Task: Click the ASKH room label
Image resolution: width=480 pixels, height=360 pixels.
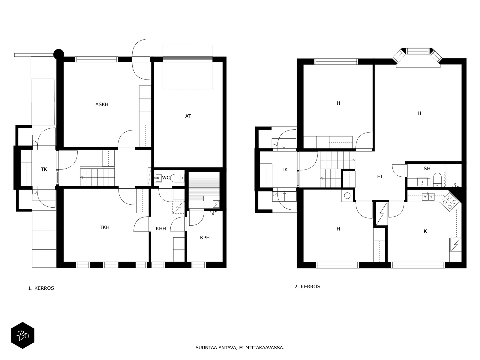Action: [x=102, y=104]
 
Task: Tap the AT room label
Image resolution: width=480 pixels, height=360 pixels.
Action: [x=188, y=116]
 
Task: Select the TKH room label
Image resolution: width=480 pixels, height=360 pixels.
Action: [x=104, y=227]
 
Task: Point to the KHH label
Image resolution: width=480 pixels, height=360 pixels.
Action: [x=161, y=229]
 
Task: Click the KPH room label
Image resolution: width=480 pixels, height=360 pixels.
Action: [x=205, y=237]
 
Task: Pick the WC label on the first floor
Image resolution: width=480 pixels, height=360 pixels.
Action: [x=166, y=178]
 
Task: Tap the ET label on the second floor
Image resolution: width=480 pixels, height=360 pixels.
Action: [x=380, y=177]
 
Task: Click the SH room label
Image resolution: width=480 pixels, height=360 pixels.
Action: [x=427, y=169]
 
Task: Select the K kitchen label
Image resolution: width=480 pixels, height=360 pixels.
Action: [x=425, y=231]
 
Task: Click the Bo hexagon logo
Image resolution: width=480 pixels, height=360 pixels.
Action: [x=22, y=335]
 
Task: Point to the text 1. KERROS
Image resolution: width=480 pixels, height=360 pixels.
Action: [x=41, y=288]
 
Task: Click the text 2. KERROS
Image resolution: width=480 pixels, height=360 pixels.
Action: [x=307, y=286]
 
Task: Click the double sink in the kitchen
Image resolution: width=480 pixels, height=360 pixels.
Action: [x=428, y=197]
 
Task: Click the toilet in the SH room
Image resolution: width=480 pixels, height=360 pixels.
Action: [x=437, y=180]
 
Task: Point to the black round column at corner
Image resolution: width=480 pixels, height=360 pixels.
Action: [x=59, y=54]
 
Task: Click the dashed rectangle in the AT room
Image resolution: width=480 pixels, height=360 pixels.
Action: [x=187, y=67]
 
